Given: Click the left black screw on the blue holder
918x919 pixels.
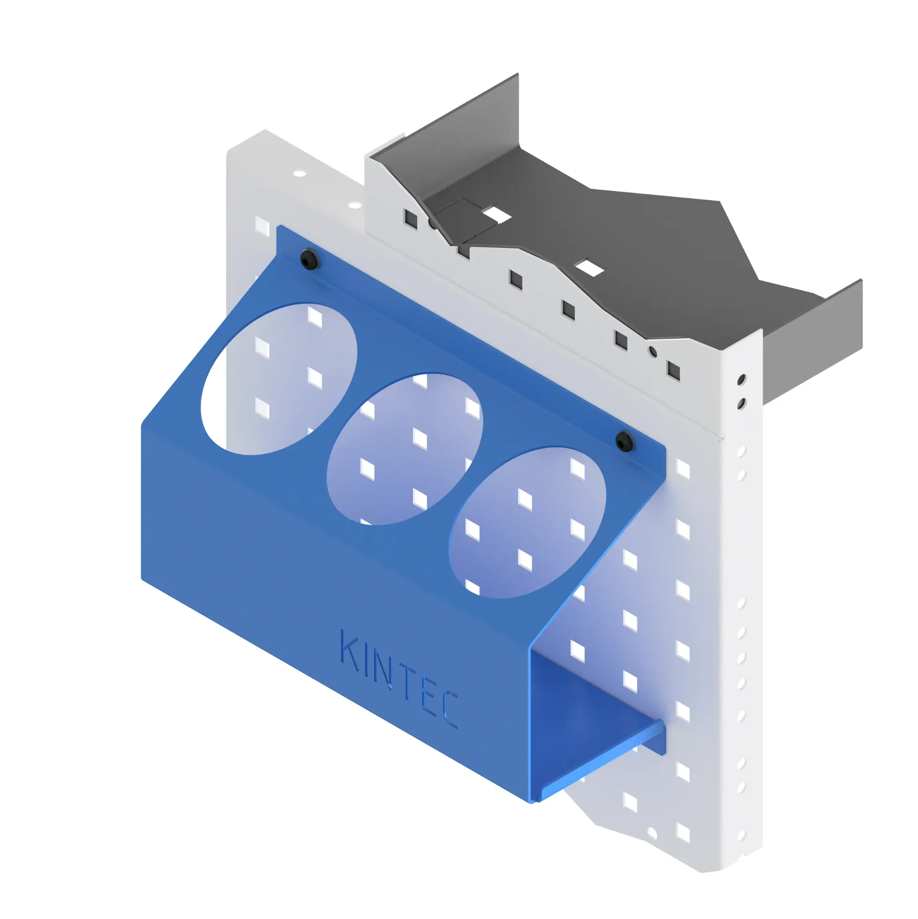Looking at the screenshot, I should (309, 259).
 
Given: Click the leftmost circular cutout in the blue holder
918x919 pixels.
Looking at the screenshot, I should (279, 378).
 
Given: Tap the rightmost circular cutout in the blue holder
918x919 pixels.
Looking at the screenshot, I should (527, 523).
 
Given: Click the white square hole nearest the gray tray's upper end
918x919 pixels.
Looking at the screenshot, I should (494, 214).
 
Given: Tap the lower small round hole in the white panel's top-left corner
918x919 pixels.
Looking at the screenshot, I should (355, 206).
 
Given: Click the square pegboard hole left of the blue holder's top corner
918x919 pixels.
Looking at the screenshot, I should (262, 224).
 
